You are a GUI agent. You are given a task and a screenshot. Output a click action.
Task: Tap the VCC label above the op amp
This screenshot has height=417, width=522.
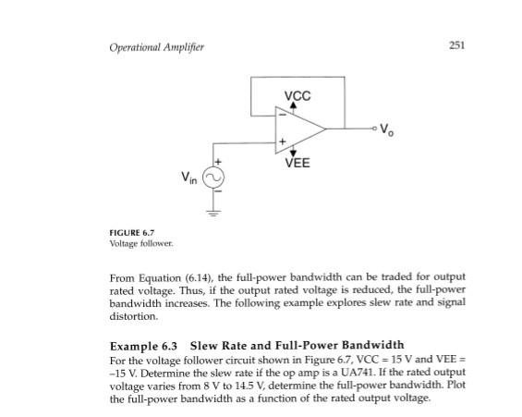(297, 96)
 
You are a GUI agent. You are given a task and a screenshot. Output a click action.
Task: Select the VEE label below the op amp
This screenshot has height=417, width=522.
(297, 164)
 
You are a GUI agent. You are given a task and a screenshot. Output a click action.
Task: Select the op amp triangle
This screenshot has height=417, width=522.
(297, 129)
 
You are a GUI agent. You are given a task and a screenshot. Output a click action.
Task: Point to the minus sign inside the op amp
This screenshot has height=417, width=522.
(281, 115)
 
